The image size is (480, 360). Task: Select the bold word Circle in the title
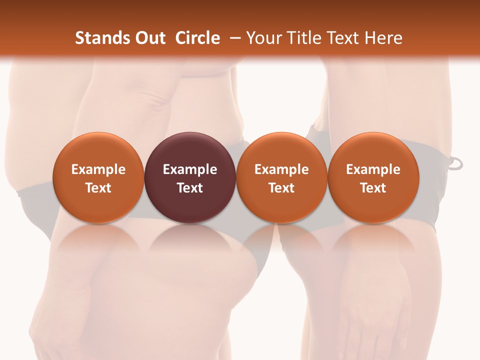pos(197,38)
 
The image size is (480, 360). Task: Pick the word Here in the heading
pos(384,38)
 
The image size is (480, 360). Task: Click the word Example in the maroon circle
pos(190,169)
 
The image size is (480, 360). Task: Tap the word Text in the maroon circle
pos(190,188)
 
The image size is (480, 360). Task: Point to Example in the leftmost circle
pos(98,169)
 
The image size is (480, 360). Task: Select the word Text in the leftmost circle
pos(98,188)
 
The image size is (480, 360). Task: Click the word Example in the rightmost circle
pos(373,169)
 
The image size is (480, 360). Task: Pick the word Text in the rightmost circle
pos(373,188)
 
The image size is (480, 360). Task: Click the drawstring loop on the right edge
pos(456,163)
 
